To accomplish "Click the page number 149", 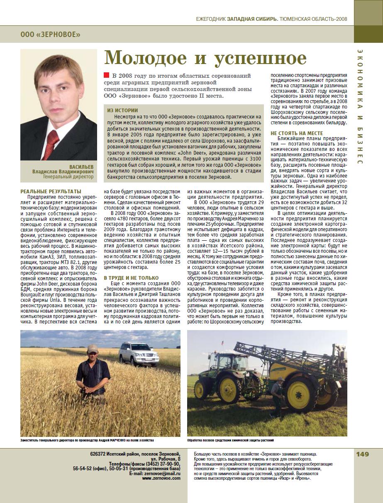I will tap(362, 454).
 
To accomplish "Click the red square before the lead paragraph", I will tap(106, 75).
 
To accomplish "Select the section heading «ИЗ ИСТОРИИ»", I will tap(122, 111).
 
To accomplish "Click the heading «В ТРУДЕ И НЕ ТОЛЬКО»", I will tap(131, 278).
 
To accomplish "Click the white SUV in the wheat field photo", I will tap(139, 353).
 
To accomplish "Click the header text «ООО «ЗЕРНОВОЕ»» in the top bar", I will tap(50, 34).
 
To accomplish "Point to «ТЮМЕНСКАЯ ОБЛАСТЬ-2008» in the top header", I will tap(313, 19).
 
